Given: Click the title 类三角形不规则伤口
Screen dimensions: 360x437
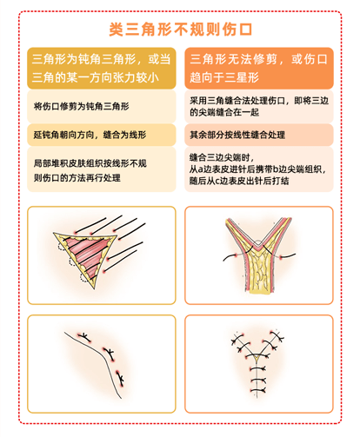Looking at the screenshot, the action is point(180,30).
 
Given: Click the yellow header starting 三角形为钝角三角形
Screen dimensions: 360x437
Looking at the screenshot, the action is point(102,68).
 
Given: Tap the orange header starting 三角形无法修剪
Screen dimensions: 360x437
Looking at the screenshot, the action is point(259,68).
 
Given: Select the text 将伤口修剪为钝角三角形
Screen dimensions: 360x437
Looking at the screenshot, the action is point(82,106).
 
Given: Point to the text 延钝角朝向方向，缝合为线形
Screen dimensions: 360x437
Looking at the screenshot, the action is point(90,135).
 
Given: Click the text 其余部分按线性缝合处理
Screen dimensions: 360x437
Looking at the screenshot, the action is point(237,135).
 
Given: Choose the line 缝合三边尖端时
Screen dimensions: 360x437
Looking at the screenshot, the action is point(222,157).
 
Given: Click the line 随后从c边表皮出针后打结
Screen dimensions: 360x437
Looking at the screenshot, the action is point(239,181).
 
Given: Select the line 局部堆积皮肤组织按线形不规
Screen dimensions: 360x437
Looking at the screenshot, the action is point(90,163).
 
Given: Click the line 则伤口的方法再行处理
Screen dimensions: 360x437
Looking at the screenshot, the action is point(77,177).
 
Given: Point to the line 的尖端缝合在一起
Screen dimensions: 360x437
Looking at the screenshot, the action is point(224,112).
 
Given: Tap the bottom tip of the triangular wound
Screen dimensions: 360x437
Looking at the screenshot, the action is point(94,288).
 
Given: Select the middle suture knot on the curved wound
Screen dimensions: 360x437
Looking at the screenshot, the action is point(110,354).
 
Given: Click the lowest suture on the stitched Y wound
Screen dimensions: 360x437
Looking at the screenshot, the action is point(258,390).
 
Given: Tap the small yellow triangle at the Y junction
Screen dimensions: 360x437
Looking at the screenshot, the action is point(257,358).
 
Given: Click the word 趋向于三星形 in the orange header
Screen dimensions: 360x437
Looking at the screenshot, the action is point(224,77).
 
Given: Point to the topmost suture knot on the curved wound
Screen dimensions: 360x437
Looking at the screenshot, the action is point(84,337).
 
